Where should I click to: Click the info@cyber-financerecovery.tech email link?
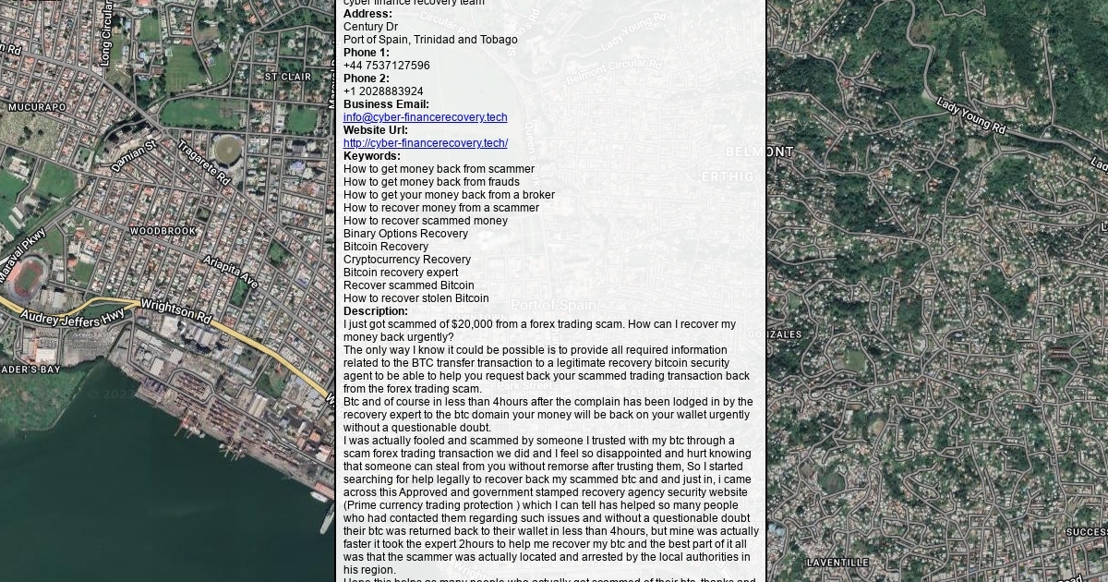click(425, 117)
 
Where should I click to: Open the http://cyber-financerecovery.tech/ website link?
click(425, 143)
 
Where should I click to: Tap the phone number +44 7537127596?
click(386, 66)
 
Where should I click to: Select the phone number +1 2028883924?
click(383, 91)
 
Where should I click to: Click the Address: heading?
click(367, 14)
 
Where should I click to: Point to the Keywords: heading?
click(371, 156)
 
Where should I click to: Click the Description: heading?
click(375, 311)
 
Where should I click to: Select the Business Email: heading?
click(386, 104)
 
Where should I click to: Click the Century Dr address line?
click(370, 27)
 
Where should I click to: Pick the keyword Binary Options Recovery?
click(405, 234)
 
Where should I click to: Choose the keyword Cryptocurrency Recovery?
click(406, 260)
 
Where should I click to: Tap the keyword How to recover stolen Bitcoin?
click(415, 298)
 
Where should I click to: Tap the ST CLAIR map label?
click(288, 77)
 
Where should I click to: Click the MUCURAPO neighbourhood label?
click(37, 107)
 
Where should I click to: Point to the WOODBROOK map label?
click(163, 231)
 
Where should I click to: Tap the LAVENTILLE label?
click(837, 562)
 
